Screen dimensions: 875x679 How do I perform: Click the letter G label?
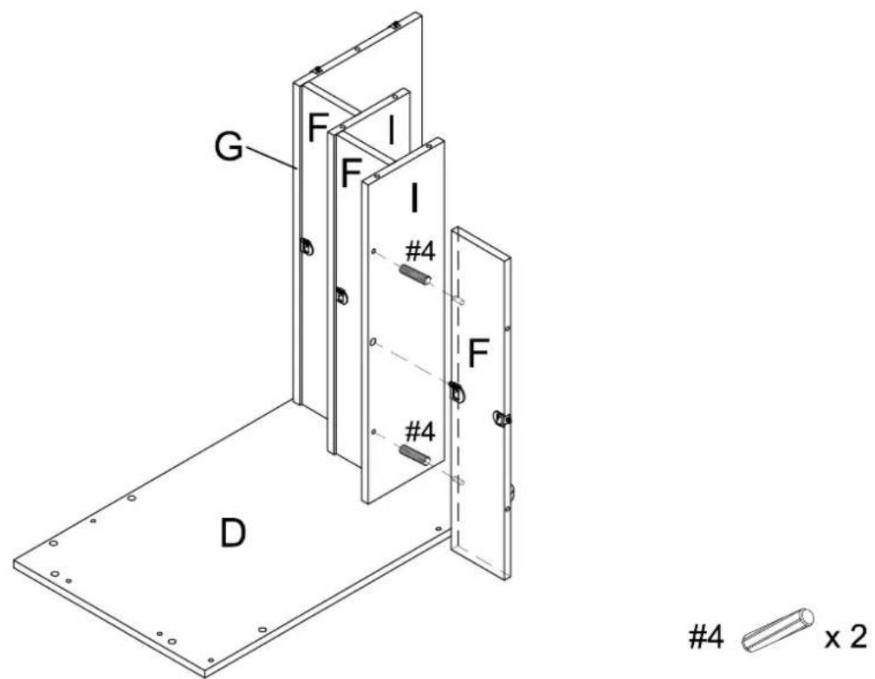pos(229,146)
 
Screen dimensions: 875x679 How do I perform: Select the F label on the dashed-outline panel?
pos(478,353)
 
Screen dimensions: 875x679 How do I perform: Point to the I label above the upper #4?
pos(413,197)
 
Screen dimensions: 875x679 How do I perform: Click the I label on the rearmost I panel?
pos(392,131)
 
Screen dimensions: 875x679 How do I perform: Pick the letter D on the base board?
pos(232,533)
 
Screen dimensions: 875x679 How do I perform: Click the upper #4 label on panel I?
pos(420,252)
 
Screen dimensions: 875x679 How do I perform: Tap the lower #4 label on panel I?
pos(420,431)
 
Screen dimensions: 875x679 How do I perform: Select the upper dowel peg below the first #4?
pos(415,275)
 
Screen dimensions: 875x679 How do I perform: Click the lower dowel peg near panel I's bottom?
pos(415,454)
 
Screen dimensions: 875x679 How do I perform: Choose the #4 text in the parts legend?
pos(706,637)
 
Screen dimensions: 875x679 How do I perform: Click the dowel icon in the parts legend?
pos(777,630)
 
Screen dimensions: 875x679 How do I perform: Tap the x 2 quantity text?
pos(846,637)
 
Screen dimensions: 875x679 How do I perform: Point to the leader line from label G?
pos(269,158)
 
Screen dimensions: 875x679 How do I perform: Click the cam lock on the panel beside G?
pos(307,246)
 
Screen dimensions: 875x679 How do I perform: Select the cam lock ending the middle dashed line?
pos(457,392)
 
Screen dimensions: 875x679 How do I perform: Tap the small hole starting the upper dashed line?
pos(374,252)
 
